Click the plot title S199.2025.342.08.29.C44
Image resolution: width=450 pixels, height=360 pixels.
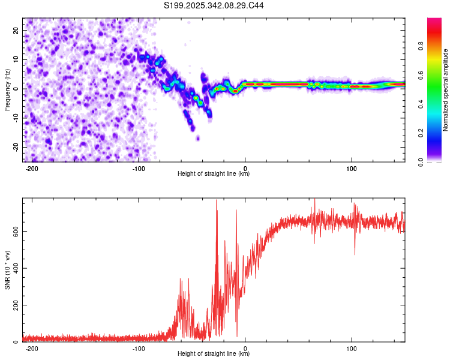214,5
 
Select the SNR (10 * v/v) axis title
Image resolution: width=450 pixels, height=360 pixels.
7,270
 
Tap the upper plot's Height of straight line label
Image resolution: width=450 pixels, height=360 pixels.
214,174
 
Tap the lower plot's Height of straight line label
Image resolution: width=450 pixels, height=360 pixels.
214,354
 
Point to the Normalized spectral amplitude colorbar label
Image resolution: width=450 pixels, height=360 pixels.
445,90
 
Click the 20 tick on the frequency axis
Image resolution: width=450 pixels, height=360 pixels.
16,30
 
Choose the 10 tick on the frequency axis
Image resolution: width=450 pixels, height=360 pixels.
16,59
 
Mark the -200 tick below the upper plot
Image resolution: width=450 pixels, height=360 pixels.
32,169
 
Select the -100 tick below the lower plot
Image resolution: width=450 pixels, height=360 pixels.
139,349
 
